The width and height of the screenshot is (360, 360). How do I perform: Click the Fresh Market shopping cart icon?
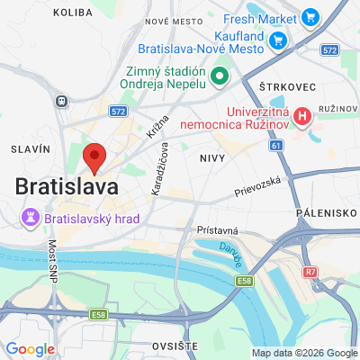pyautogui.click(x=310, y=16)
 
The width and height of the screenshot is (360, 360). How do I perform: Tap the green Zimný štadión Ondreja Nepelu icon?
pyautogui.click(x=219, y=75)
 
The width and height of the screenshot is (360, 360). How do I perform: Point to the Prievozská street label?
pyautogui.click(x=258, y=186)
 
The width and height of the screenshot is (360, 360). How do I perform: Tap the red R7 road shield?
pyautogui.click(x=310, y=270)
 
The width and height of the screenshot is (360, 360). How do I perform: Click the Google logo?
pyautogui.click(x=30, y=348)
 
